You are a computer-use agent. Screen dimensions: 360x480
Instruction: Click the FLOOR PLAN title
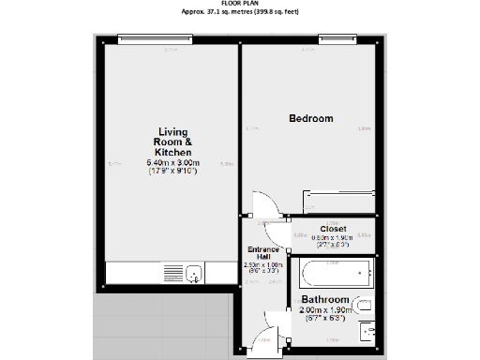[239, 3]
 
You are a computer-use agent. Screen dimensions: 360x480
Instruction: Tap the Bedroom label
[310, 118]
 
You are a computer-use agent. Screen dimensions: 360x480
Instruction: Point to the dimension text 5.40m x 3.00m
[174, 164]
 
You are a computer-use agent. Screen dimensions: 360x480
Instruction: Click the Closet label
[333, 228]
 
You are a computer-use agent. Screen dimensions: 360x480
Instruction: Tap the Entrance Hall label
[263, 252]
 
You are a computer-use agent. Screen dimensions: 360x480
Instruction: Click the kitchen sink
[195, 273]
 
